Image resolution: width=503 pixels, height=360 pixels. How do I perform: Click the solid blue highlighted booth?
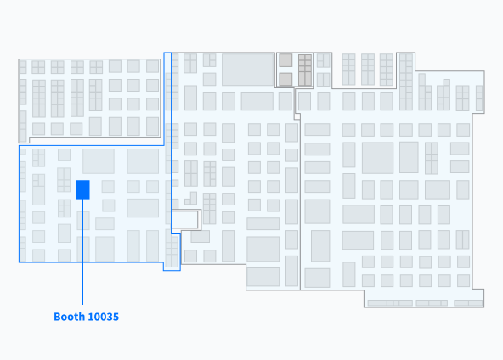point(82,189)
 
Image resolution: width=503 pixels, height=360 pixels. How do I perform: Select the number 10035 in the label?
point(103,317)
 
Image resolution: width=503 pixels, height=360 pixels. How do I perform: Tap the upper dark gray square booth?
point(285,60)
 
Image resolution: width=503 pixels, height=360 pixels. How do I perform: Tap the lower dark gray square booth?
point(285,79)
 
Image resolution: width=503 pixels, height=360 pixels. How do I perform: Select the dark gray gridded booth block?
point(305,70)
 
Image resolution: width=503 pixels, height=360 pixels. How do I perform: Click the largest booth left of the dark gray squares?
point(248,70)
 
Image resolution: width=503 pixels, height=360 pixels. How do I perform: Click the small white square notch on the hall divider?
point(297,116)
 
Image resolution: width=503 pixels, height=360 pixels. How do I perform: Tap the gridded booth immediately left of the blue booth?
point(64,180)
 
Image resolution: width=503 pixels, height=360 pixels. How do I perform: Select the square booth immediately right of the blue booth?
point(108,186)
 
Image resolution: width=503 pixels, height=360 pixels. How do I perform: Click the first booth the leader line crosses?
point(83,221)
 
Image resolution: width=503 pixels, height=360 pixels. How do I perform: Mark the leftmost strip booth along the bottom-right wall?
point(390,303)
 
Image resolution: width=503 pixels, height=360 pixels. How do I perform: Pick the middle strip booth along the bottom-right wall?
point(432,303)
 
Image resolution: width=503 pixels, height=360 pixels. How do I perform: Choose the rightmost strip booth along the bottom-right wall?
point(468,303)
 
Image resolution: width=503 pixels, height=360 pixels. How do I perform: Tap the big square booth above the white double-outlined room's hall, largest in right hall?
point(377,158)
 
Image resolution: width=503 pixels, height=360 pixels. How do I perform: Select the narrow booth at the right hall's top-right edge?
point(479,98)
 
